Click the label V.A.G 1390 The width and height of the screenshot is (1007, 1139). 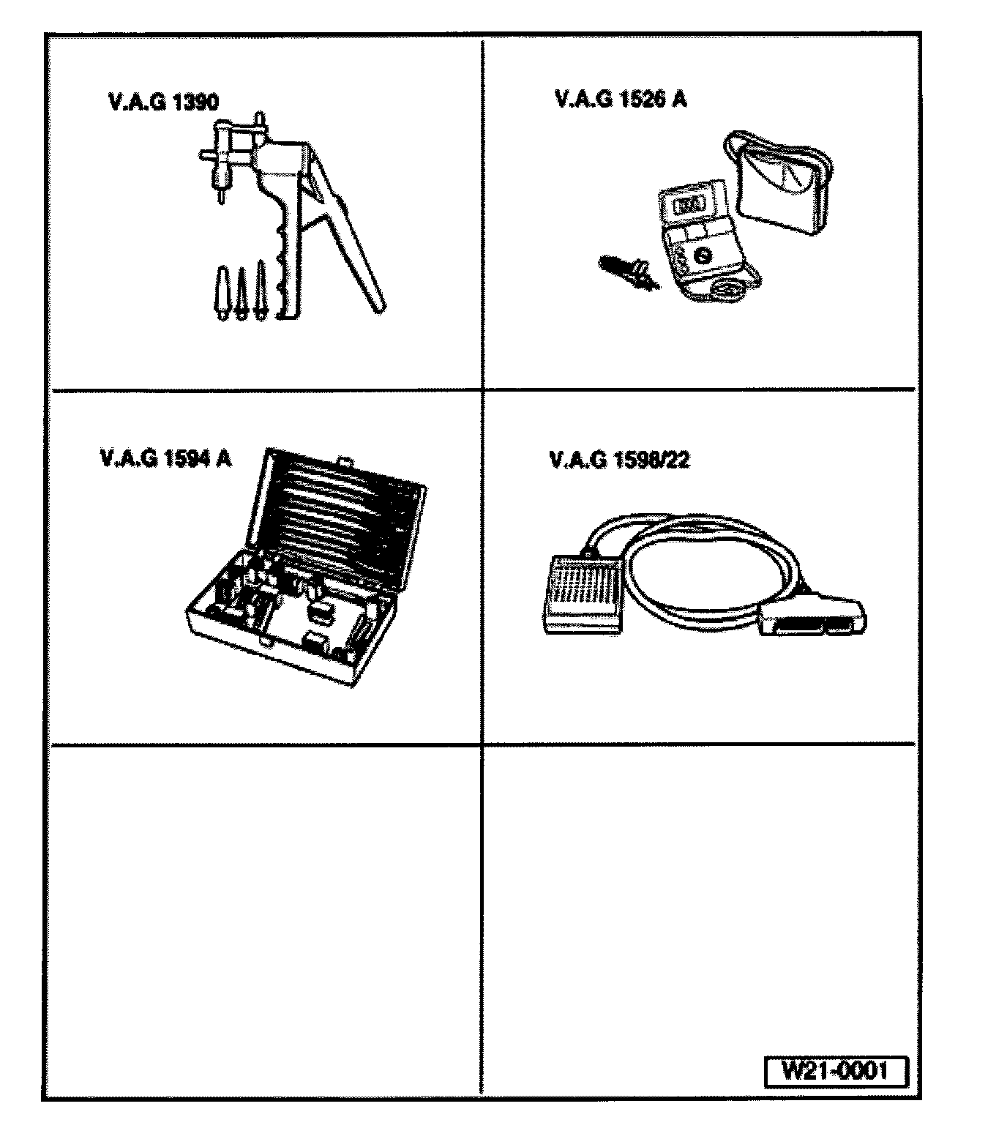point(162,102)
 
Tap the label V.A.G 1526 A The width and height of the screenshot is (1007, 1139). point(621,100)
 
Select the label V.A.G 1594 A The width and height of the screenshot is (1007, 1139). point(165,459)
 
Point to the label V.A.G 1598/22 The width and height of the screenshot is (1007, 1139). point(619,460)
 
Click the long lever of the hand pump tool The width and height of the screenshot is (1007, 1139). point(351,242)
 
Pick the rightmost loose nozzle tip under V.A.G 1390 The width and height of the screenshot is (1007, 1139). point(261,289)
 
